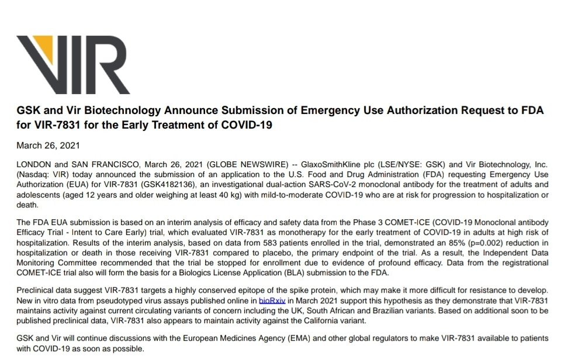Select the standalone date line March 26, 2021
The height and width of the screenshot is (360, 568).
click(x=48, y=145)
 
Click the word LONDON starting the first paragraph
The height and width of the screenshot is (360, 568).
click(x=34, y=165)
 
